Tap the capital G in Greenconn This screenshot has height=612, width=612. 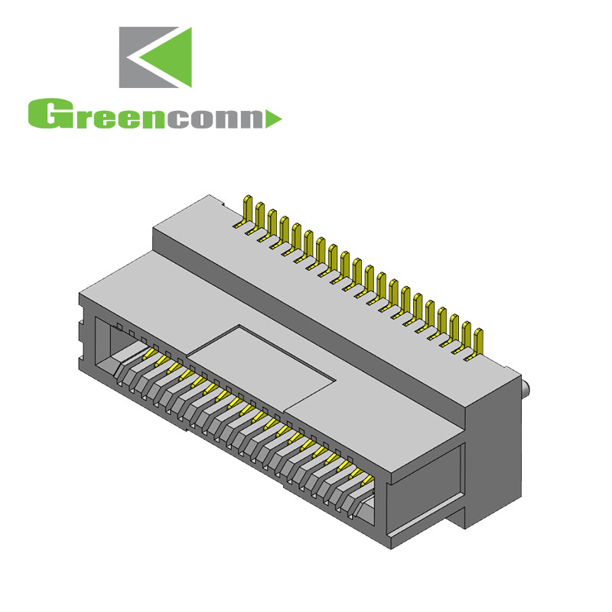pos(44,114)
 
